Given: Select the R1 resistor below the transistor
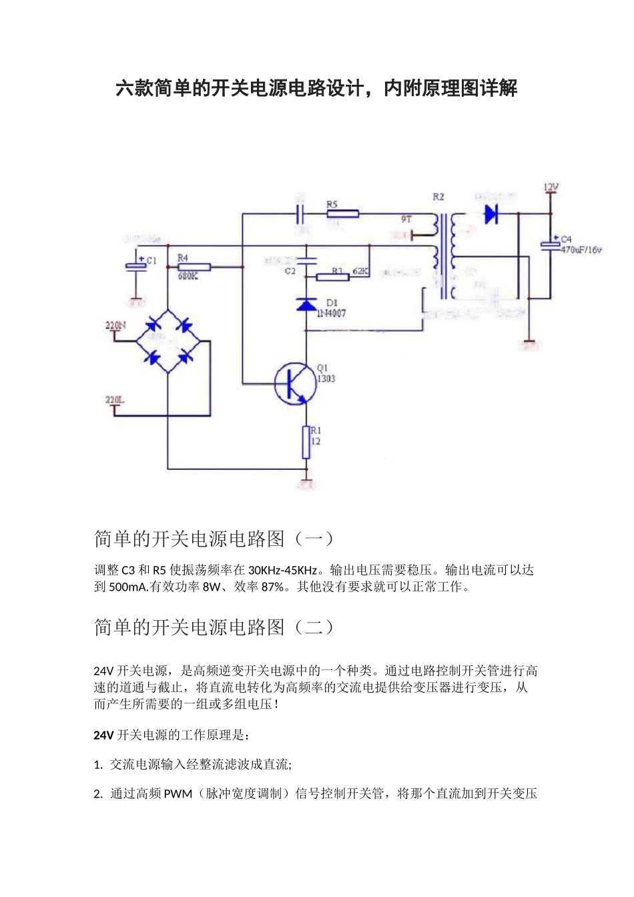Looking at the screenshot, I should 306,442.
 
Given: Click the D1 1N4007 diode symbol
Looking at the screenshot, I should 306,305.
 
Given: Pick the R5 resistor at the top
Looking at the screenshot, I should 343,214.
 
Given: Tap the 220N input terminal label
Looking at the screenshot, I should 115,326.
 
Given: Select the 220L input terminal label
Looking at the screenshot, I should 115,400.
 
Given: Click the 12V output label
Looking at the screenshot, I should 551,188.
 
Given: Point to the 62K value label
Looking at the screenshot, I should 360,271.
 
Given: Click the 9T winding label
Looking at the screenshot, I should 406,219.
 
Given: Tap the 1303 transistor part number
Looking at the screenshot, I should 326,378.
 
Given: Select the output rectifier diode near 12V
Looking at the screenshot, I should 492,214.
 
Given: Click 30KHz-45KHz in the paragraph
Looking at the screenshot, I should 283,571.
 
